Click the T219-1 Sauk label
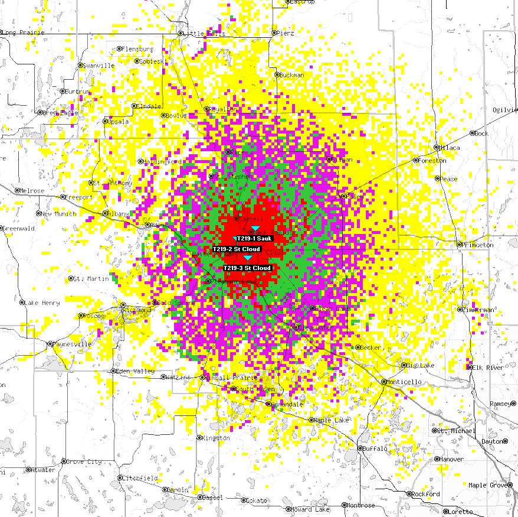[254, 238]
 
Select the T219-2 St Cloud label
[237, 249]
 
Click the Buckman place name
[292, 75]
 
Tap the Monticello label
[405, 382]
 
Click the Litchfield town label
[140, 477]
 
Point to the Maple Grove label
[486, 485]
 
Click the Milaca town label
[450, 147]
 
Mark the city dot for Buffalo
[359, 448]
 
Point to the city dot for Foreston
[415, 160]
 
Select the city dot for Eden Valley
[113, 371]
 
